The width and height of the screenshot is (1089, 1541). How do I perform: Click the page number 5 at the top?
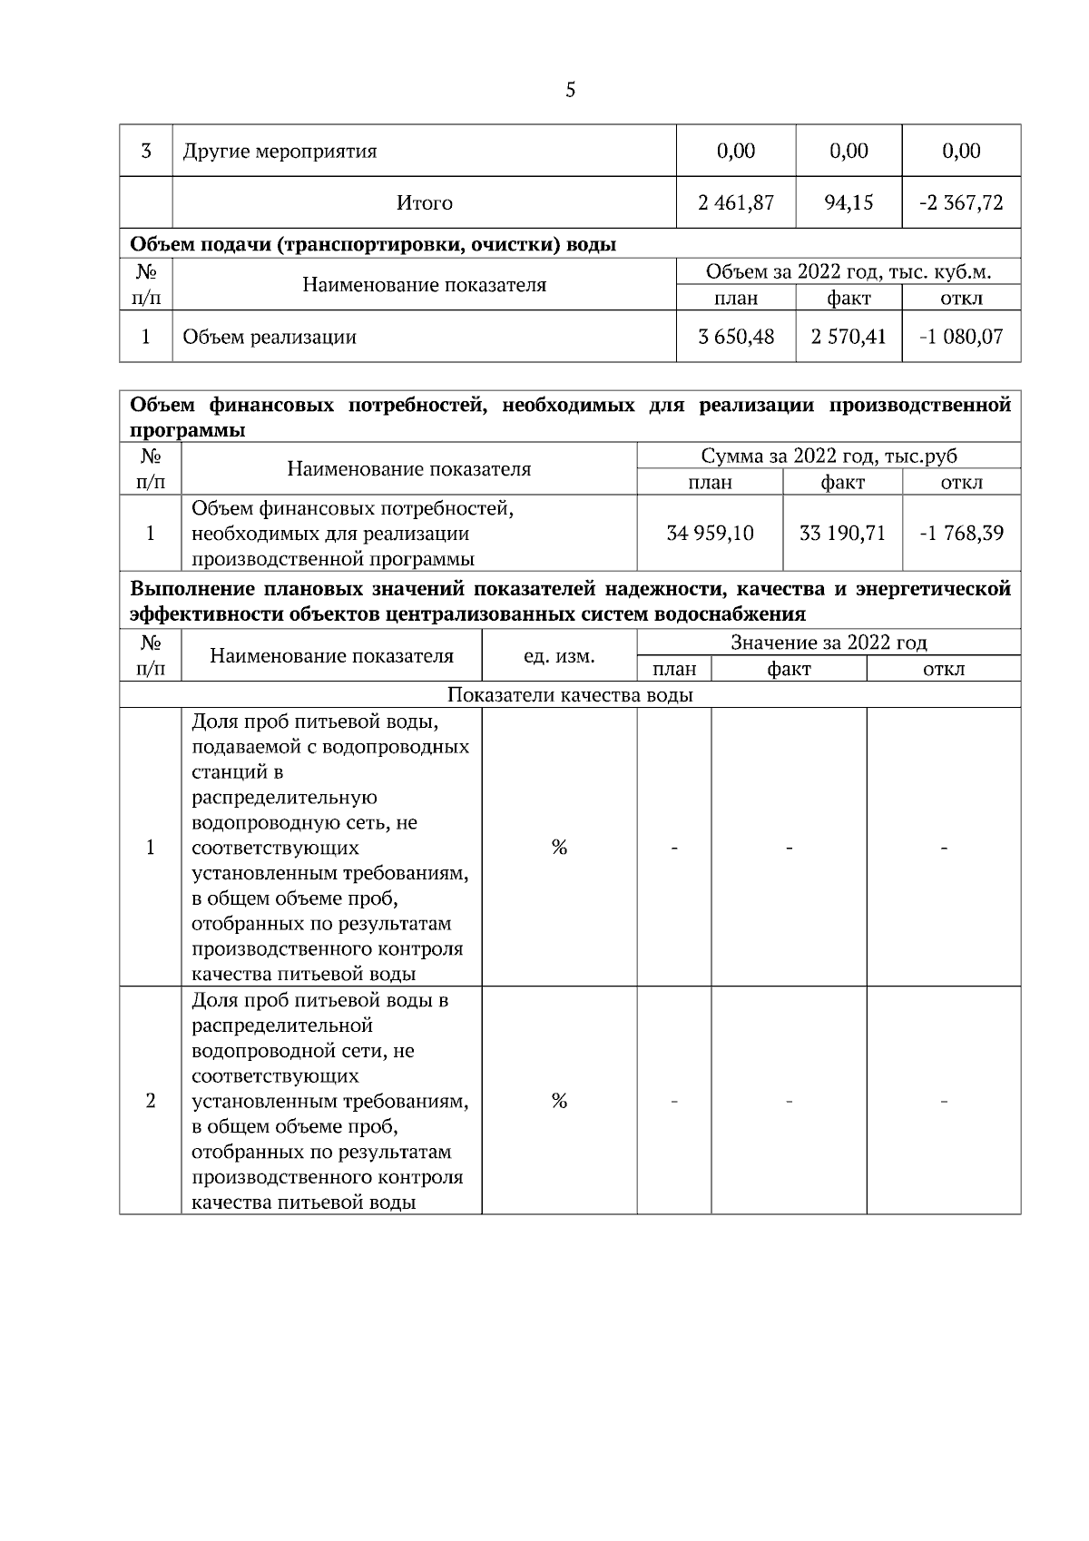570,90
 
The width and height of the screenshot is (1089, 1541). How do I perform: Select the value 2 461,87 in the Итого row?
735,202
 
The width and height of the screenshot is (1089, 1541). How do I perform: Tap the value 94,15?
849,202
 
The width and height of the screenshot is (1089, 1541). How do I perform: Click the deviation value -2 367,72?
961,202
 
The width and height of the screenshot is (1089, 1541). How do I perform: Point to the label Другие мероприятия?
280,151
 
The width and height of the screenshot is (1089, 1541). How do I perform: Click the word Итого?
424,203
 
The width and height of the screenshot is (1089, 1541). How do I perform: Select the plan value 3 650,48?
735,337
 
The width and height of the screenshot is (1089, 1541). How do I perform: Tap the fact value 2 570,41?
849,337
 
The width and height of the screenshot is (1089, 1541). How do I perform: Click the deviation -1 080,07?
961,337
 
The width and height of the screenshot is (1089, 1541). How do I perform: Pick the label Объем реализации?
270,338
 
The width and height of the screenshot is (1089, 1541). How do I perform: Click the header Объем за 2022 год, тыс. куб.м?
848,271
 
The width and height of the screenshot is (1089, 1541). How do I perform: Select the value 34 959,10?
710,533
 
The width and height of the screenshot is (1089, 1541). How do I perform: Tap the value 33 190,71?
842,533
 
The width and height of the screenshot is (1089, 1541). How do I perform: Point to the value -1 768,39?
961,533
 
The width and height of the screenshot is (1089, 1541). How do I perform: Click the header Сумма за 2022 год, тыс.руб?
829,456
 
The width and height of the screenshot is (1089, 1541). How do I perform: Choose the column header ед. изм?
559,655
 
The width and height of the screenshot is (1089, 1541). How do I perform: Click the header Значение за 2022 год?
829,643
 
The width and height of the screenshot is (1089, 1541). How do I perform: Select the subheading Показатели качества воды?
570,695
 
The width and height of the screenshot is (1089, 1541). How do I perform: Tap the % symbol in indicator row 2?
559,1101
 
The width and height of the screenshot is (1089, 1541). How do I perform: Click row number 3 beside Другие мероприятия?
145,151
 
